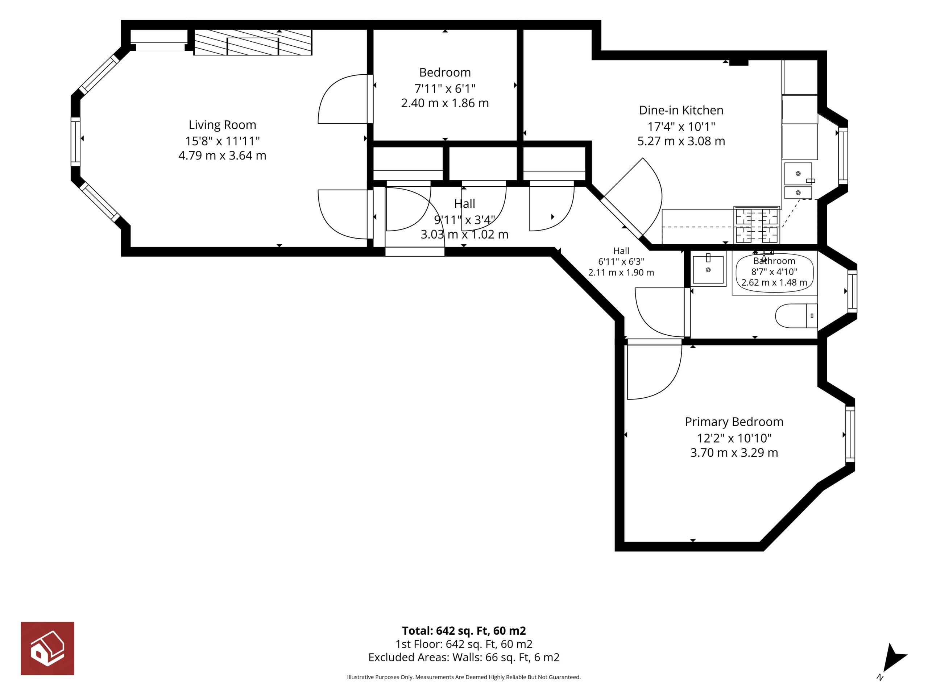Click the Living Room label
222,125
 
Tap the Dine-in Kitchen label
681,110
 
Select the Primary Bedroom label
734,422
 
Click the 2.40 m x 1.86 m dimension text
445,103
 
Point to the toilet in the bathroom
796,315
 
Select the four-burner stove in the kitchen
757,225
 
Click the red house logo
47,648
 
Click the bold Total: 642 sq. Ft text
464,630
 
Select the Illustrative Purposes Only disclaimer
464,677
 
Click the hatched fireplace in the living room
253,42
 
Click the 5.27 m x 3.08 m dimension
681,141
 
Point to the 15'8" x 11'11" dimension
222,141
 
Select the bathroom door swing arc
646,321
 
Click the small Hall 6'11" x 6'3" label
621,261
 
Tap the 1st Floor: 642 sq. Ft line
464,644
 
